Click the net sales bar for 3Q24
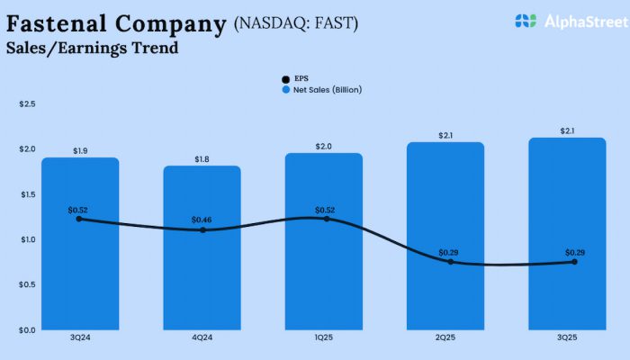click(x=80, y=270)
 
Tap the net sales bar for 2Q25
click(x=445, y=288)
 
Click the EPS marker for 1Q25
click(x=324, y=219)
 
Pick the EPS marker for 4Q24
click(x=202, y=230)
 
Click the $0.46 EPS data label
click(x=202, y=220)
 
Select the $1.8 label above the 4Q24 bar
click(x=202, y=159)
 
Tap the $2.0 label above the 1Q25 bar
click(x=324, y=147)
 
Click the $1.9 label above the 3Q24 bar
click(x=80, y=151)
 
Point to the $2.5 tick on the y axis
click(x=27, y=104)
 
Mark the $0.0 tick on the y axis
click(x=27, y=329)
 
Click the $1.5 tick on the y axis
click(x=27, y=194)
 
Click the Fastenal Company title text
click(x=116, y=23)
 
